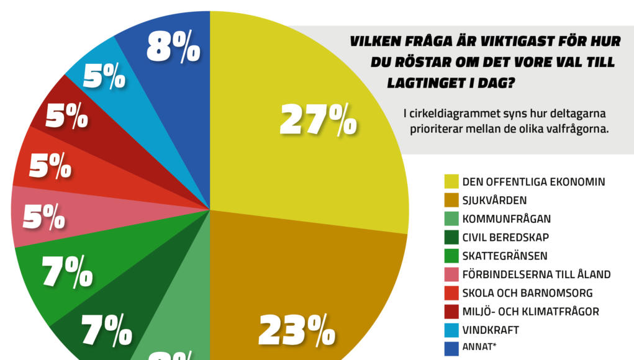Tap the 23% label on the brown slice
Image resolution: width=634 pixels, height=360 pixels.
296,330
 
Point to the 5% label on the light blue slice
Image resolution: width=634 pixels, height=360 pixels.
104,77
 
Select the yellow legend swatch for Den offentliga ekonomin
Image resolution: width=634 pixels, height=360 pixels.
451,182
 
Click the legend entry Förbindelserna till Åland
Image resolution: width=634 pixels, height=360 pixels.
537,274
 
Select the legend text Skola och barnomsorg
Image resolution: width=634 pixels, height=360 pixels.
527,293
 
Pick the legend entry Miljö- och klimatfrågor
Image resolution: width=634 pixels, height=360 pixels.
530,312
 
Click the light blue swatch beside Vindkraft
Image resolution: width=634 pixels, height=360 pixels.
451,330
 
